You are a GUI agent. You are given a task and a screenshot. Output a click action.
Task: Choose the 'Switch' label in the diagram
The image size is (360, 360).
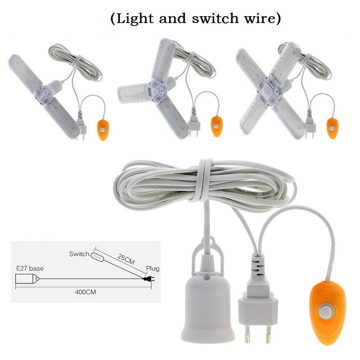coord(79,254)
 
